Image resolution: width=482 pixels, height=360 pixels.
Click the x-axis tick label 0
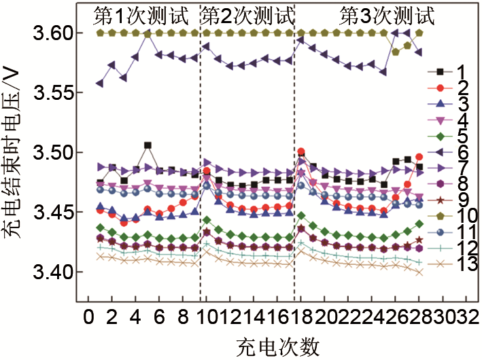(x=88, y=317)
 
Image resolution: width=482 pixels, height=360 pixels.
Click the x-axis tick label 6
(x=159, y=317)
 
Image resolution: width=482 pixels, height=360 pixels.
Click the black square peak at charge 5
(x=148, y=145)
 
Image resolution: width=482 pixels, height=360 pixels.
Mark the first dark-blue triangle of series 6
(x=100, y=84)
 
